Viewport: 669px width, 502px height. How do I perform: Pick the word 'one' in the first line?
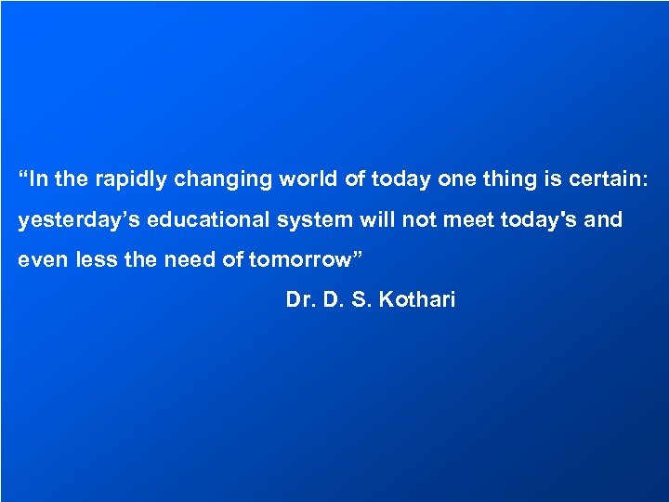coord(455,179)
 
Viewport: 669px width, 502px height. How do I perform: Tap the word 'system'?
coord(310,220)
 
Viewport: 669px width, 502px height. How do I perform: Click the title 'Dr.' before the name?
coord(301,300)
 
